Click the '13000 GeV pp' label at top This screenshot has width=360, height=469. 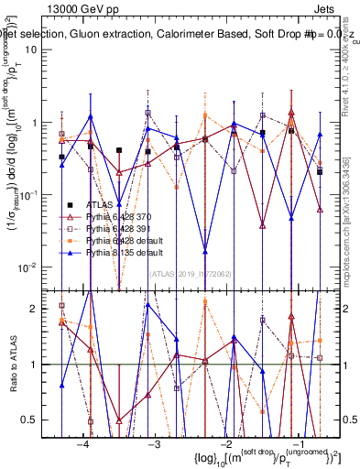[84, 7]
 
